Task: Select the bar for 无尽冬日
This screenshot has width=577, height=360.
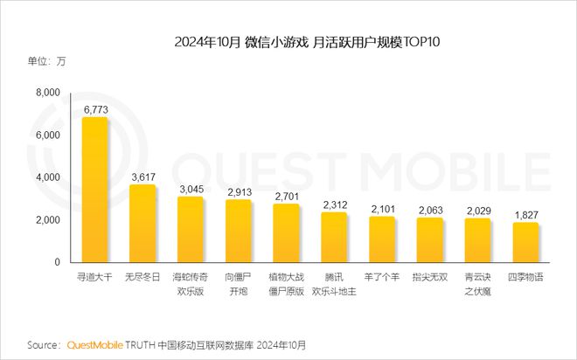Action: pos(143,224)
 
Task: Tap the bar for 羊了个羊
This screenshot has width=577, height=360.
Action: pos(382,239)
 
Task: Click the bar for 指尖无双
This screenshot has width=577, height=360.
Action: pos(429,240)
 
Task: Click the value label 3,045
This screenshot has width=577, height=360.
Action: pos(190,189)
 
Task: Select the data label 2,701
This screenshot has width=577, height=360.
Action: pos(286,196)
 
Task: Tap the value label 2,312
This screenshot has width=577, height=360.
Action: pos(334,204)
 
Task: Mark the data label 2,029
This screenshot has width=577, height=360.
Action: pos(477,211)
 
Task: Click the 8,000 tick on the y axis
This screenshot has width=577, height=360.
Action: pos(46,93)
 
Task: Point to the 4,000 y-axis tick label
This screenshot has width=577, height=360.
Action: pos(46,177)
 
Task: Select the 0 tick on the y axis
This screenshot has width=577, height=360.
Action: pos(57,262)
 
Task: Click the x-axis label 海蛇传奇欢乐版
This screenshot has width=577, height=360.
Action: pos(190,283)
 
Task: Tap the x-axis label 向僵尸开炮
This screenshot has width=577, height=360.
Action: pos(238,283)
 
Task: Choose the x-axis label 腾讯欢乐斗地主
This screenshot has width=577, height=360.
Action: pos(334,283)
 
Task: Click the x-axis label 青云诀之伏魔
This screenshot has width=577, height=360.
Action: pos(477,283)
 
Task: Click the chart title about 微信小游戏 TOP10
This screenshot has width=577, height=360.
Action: pos(288,41)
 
